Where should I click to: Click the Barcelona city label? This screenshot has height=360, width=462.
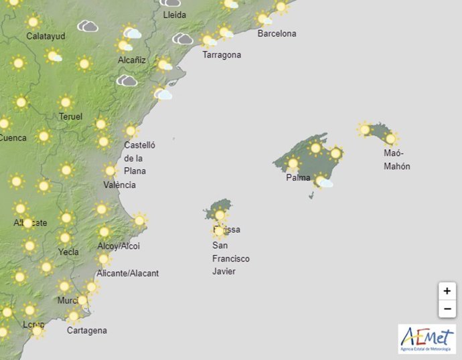coord(277,33)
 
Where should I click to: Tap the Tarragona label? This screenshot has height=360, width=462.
coord(222,55)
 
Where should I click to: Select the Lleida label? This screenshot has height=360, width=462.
coord(175,14)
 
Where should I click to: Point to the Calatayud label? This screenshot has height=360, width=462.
coord(46,36)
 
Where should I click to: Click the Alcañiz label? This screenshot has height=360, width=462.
coord(133,60)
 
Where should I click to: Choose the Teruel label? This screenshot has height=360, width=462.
coord(70,116)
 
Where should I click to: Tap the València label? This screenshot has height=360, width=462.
coord(121,185)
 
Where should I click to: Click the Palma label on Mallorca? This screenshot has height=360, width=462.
coord(298,178)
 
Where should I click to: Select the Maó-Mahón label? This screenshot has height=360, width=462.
coord(396,160)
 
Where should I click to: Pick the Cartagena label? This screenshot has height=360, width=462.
coord(86,331)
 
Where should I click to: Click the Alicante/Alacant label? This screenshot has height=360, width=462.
coord(128,273)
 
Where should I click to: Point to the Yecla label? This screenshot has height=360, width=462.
coord(68,252)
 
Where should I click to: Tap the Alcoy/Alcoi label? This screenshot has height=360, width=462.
coord(119,246)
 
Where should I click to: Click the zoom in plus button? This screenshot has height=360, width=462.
coord(447,291)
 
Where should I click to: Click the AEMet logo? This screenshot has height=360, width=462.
coord(427,339)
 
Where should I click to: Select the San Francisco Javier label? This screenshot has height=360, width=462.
coord(231,258)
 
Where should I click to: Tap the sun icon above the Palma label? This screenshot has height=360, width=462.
coord(293,163)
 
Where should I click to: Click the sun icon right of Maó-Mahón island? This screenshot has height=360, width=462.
coord(391,139)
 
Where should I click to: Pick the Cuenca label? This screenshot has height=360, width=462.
coord(13,139)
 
